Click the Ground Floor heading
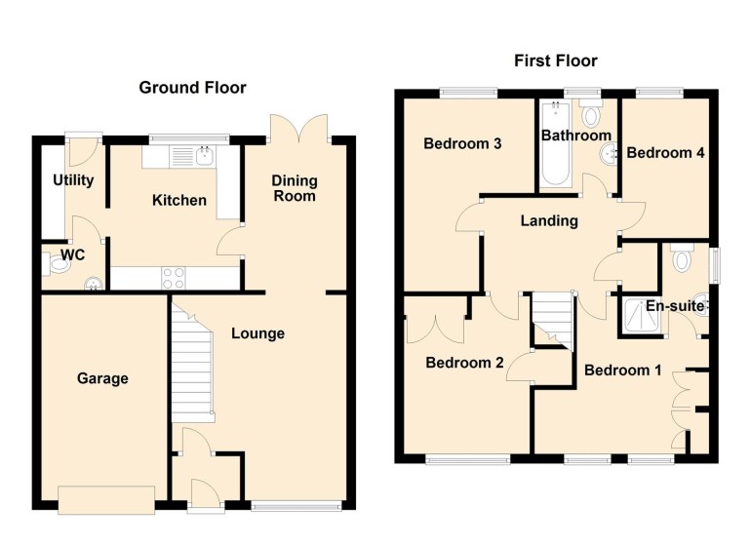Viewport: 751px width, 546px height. [x=192, y=88]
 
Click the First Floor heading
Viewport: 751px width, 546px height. [x=556, y=61]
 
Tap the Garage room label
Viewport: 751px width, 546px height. [x=102, y=378]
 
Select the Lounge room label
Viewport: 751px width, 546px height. [x=257, y=333]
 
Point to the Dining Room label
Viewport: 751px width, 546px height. [x=294, y=188]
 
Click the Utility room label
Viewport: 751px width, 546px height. [x=73, y=180]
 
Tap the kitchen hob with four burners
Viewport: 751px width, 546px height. [x=174, y=277]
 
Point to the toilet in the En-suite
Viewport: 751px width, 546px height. [x=682, y=258]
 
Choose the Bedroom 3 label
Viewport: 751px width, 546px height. [x=462, y=144]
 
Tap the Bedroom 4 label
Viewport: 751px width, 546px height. [x=665, y=153]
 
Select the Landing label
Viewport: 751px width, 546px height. [x=548, y=221]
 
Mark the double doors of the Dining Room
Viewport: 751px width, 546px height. [x=299, y=128]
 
